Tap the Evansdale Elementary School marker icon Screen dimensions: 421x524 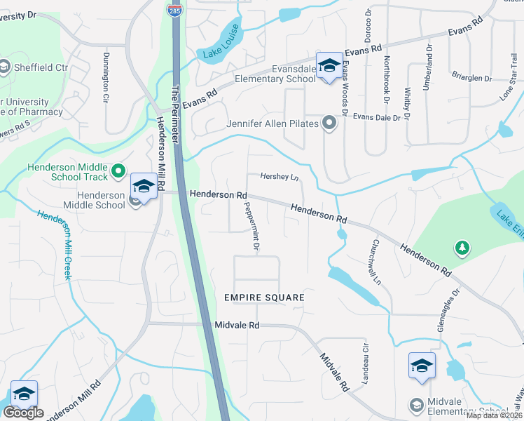[328, 66]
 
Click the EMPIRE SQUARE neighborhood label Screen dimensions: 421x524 [264, 298]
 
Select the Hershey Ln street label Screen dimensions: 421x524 [279, 177]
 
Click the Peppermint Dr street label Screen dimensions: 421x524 [251, 226]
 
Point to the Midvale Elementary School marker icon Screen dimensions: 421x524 [422, 366]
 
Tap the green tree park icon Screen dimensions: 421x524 [462, 247]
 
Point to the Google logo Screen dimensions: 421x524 [23, 413]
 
